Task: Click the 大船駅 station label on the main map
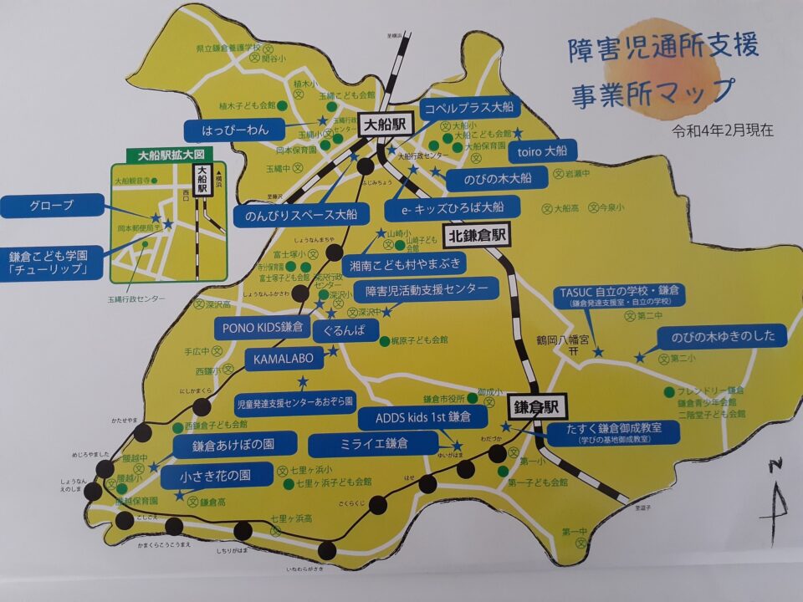pos(384,124)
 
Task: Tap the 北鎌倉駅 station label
pos(477,235)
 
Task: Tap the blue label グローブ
pos(52,205)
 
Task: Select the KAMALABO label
pos(281,359)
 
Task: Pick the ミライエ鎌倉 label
pos(373,443)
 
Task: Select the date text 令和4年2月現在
pos(723,130)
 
